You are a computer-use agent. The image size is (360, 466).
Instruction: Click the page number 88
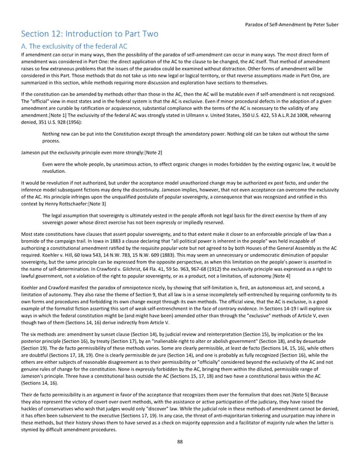179,459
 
